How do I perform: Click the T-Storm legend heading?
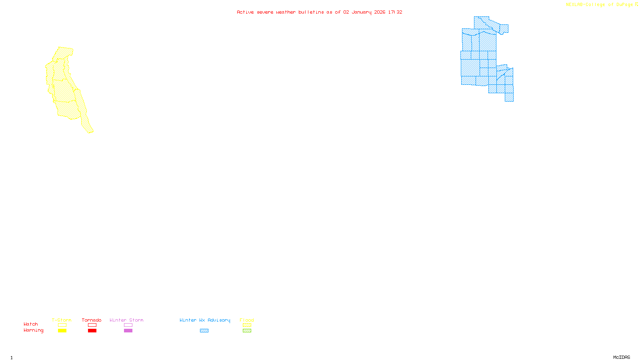[x=62, y=320]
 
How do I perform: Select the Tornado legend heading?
[x=92, y=320]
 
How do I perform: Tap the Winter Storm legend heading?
[x=126, y=320]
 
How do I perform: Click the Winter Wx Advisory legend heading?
[x=205, y=320]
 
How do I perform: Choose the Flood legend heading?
[x=247, y=320]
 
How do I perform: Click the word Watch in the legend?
[x=31, y=324]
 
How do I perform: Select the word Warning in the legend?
[x=34, y=330]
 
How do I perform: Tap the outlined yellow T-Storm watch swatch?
[x=62, y=325]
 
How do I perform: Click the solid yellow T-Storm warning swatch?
[x=62, y=331]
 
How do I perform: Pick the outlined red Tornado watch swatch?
[x=92, y=325]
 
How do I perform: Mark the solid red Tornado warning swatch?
[x=92, y=331]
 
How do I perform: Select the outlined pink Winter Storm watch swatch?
[x=128, y=325]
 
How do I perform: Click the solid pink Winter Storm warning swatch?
[x=128, y=331]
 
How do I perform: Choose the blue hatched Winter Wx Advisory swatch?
[x=204, y=331]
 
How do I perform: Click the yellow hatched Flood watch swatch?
[x=247, y=325]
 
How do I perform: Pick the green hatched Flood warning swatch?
[x=247, y=331]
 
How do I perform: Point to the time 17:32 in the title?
[x=395, y=12]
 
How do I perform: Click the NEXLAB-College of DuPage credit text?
[x=600, y=5]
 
